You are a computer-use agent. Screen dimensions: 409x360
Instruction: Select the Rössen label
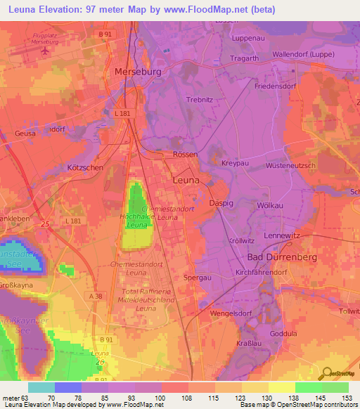click(x=185, y=154)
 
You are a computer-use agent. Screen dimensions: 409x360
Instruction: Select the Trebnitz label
click(x=199, y=100)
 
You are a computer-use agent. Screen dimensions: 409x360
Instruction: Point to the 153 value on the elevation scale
click(x=346, y=397)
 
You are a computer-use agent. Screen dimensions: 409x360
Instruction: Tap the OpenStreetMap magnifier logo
click(x=324, y=374)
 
